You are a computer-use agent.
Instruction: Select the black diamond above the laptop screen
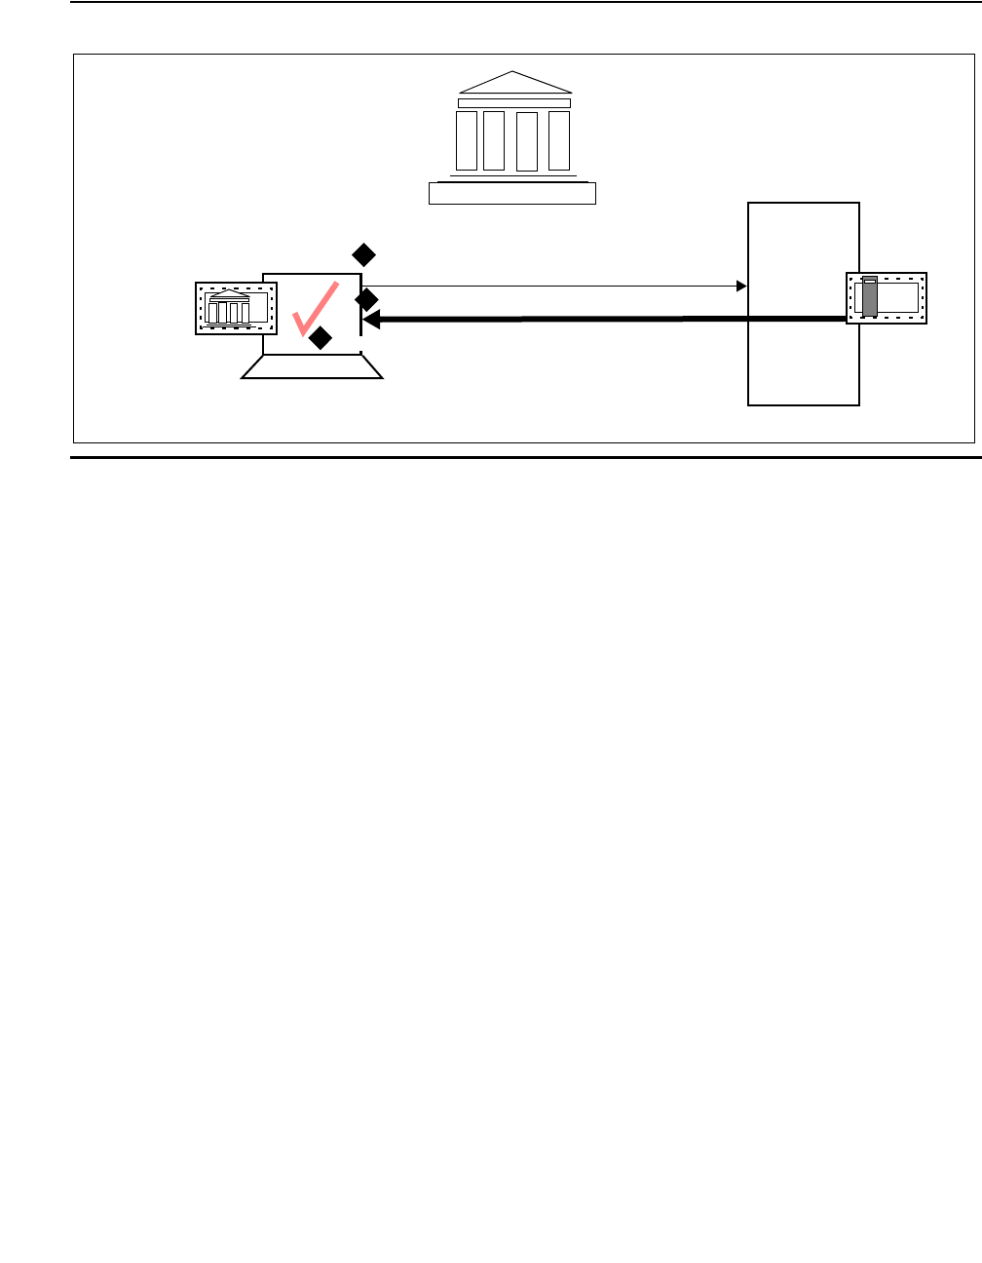[x=363, y=255]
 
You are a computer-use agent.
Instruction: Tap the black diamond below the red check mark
[x=320, y=338]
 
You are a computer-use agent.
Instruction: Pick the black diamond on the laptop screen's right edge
[x=366, y=300]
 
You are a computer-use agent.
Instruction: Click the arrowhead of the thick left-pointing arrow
[x=371, y=319]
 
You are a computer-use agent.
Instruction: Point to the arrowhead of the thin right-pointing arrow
[x=741, y=287]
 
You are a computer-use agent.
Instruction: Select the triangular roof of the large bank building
[x=513, y=84]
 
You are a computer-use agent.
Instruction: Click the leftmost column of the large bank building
[x=467, y=140]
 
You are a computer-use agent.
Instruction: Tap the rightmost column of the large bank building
[x=559, y=140]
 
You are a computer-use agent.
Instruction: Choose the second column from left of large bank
[x=494, y=140]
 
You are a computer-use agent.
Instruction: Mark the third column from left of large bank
[x=527, y=141]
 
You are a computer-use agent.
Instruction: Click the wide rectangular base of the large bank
[x=512, y=193]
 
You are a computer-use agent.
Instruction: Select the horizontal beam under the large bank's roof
[x=514, y=102]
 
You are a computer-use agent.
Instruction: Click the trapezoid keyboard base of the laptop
[x=312, y=366]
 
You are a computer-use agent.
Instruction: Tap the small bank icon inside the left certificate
[x=228, y=309]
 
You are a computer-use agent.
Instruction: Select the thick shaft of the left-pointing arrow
[x=604, y=319]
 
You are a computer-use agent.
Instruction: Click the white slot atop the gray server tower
[x=870, y=281]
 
